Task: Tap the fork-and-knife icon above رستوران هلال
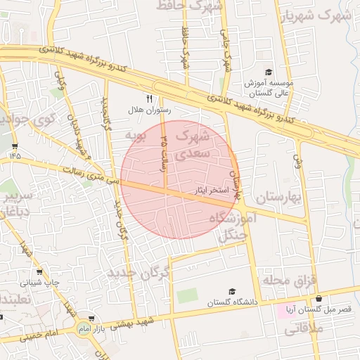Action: coord(148,98)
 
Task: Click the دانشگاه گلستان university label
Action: coord(233,302)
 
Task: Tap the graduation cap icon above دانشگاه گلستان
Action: coord(233,291)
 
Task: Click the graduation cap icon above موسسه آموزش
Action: coord(268,72)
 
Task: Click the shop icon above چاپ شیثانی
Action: coord(39,271)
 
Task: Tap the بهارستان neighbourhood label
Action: coord(278,198)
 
